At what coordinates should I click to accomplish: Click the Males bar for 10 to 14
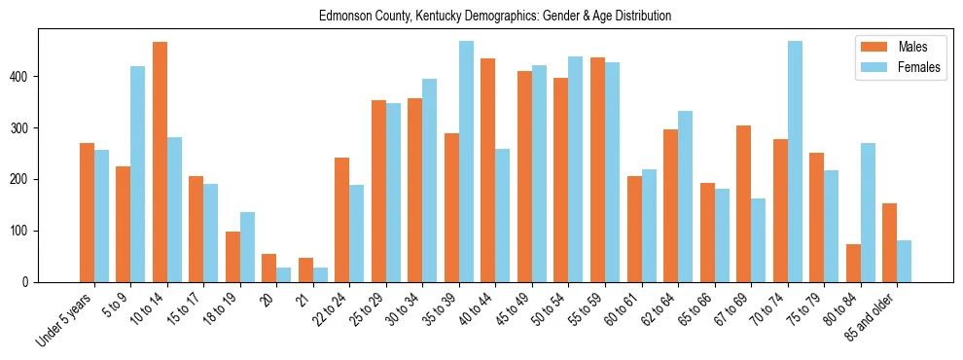click(160, 162)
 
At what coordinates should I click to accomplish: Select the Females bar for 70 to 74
click(795, 162)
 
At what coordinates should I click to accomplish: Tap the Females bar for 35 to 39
click(466, 162)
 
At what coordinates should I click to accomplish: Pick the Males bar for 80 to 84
click(853, 263)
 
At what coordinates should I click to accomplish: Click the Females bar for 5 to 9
click(138, 174)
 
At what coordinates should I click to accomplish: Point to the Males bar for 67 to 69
click(743, 203)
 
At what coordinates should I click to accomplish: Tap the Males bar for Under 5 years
click(87, 212)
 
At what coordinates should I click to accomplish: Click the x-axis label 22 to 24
click(328, 311)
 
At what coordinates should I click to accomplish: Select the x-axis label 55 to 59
click(584, 311)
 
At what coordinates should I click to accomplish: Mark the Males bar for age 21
click(305, 270)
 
